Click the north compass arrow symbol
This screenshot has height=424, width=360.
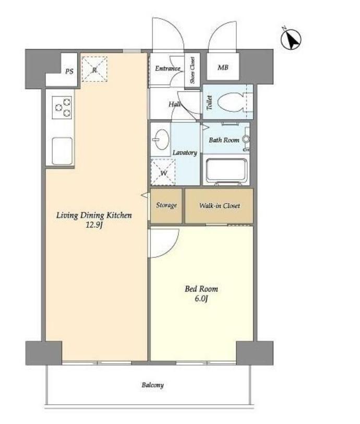291,39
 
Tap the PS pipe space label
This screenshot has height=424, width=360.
69,71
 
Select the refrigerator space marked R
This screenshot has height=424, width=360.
94,69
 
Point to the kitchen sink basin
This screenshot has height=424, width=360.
62,151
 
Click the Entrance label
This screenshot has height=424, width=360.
167,68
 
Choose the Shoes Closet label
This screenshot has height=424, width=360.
193,70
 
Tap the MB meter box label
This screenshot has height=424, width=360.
223,67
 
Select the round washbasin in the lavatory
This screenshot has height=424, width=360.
161,140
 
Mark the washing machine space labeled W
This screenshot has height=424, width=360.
163,172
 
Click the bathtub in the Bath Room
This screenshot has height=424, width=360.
227,171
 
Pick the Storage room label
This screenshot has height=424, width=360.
166,205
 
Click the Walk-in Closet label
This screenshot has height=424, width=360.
220,206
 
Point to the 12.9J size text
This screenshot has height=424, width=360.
94,225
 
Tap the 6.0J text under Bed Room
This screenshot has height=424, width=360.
201,299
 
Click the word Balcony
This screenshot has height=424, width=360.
153,385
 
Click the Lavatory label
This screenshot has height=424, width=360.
185,152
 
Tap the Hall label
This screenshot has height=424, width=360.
175,104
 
